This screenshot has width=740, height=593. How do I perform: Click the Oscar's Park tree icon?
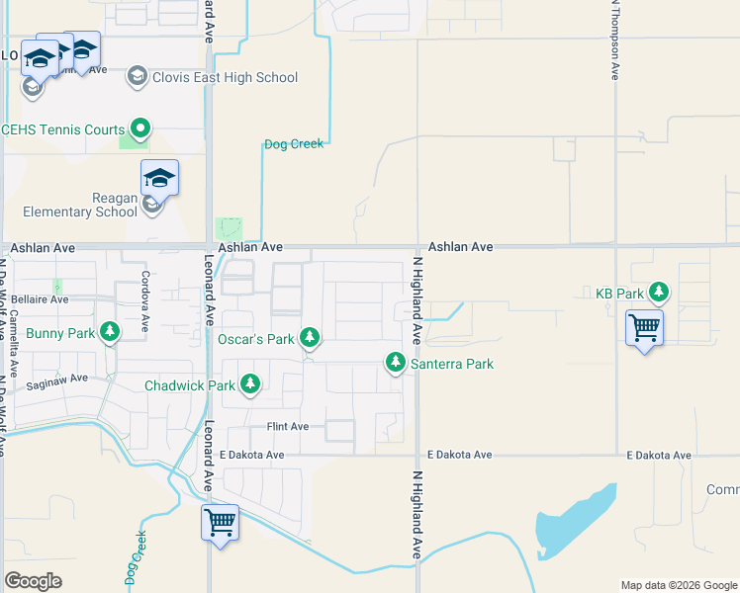tap(310, 339)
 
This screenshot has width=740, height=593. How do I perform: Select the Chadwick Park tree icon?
tap(250, 384)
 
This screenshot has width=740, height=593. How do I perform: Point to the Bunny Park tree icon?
tap(110, 332)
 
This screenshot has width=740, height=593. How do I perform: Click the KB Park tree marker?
tap(659, 294)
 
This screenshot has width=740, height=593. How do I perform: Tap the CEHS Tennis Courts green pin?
tap(140, 128)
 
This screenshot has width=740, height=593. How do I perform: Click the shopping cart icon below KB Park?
tap(644, 327)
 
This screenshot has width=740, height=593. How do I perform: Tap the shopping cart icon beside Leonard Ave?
tap(220, 521)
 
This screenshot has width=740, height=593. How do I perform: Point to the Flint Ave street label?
tap(288, 426)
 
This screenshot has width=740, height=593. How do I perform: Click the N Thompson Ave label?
tap(615, 40)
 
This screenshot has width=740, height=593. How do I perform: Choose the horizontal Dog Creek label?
tap(294, 144)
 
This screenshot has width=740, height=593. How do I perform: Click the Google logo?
tap(33, 581)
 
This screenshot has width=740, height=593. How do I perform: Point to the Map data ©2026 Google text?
tap(678, 585)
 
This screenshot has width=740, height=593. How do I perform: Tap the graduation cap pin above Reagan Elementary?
tap(159, 179)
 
